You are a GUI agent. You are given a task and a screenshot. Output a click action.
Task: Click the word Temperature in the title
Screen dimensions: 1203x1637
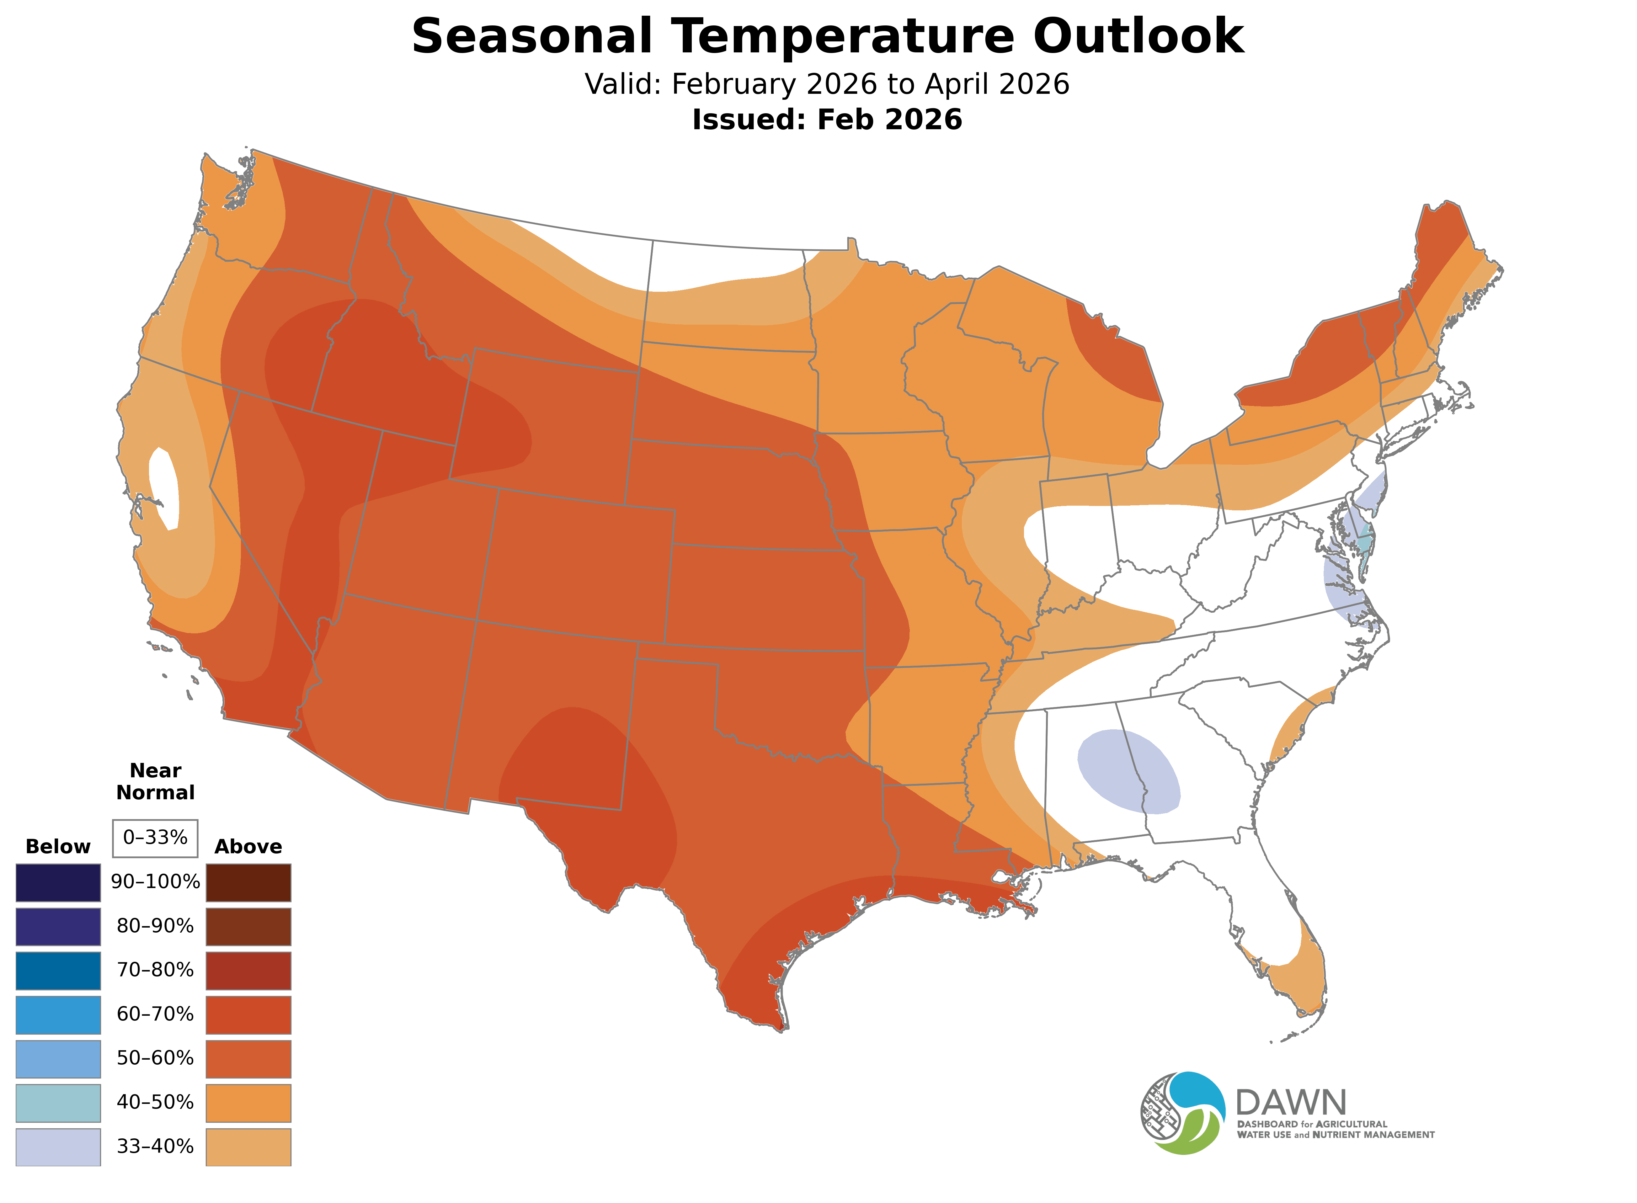841,36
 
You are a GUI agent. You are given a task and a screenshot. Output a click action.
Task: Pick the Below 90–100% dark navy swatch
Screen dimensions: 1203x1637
58,883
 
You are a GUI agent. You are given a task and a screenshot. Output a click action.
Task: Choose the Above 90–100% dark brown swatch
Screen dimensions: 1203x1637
248,883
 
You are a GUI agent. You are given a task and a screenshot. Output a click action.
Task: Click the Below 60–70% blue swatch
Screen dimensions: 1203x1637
58,1014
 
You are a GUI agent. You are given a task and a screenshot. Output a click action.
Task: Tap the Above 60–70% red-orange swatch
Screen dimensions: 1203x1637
248,1014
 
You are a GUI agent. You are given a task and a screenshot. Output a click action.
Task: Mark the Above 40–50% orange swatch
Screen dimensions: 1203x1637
248,1103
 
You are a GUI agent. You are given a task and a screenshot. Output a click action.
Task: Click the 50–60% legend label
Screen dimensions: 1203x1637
155,1058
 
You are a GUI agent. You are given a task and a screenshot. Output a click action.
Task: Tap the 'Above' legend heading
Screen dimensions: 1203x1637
248,847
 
